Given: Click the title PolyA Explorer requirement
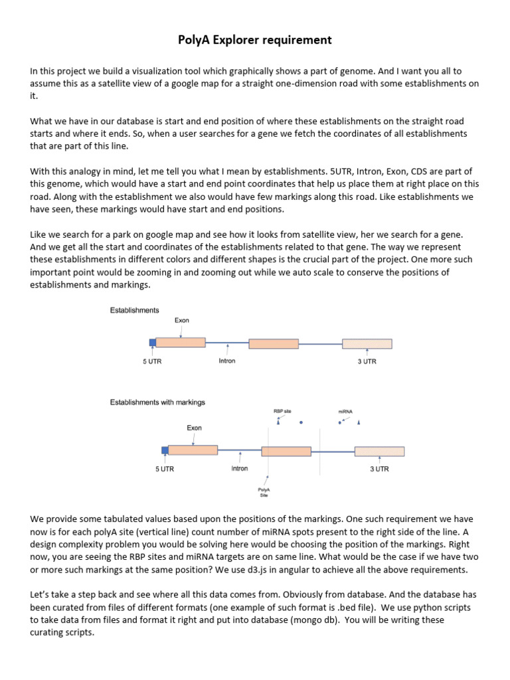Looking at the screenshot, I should (255, 41).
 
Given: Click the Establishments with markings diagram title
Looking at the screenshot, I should (157, 402).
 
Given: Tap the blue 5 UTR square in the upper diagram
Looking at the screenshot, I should (152, 343).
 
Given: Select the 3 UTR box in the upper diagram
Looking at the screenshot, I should (367, 343).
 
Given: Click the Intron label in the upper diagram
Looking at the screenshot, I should (226, 361).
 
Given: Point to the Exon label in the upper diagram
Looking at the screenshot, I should (181, 320).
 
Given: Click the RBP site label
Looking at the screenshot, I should (282, 412).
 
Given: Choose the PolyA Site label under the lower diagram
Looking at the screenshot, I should (264, 492).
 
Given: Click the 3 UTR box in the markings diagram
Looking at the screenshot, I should (379, 451).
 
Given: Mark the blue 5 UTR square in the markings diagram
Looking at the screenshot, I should (165, 450).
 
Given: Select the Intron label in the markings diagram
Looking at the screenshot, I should (239, 469).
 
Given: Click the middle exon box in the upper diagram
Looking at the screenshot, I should (274, 343).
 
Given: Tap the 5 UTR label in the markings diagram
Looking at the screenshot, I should (165, 469).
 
